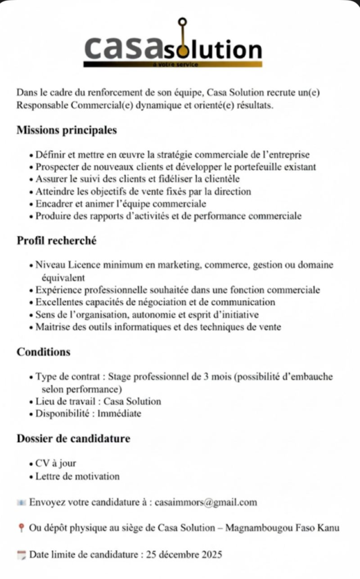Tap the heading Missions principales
(x=67, y=130)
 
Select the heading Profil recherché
(x=57, y=241)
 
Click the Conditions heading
(x=44, y=352)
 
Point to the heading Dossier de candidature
(x=73, y=438)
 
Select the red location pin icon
(x=21, y=529)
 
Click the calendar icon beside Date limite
(x=21, y=555)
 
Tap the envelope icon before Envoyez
(x=21, y=502)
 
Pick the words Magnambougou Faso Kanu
(x=282, y=528)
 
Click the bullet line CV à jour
(x=55, y=464)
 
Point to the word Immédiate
(x=119, y=413)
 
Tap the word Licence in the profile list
(x=84, y=265)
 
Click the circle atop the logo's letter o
(x=182, y=23)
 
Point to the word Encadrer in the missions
(x=53, y=204)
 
